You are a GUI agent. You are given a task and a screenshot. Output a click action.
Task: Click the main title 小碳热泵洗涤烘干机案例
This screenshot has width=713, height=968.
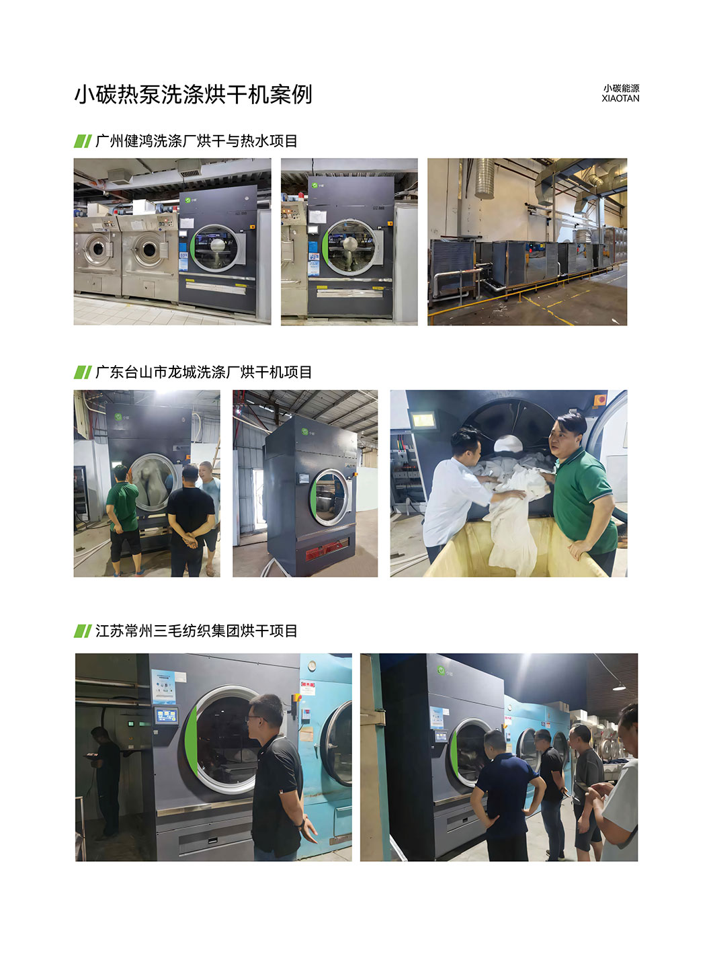tap(193, 94)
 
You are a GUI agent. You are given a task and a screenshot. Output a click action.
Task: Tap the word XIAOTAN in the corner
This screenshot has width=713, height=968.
tap(620, 98)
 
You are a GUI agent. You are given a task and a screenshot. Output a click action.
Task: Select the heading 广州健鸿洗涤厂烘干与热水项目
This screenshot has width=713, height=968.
tap(196, 141)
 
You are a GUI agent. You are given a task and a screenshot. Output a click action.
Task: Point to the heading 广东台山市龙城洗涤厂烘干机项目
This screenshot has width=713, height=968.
tap(204, 372)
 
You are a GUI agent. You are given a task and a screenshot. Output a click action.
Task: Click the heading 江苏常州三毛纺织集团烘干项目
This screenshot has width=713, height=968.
tap(196, 631)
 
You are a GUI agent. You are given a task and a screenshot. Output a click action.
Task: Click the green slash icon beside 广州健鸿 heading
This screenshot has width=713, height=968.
tap(83, 141)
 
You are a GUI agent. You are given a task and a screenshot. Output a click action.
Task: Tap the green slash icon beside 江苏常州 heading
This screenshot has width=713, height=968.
tap(83, 631)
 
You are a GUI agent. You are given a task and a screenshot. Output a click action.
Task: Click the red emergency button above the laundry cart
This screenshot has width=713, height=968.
tap(600, 400)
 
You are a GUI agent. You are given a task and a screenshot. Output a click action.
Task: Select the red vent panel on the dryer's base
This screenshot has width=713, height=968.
tap(327, 550)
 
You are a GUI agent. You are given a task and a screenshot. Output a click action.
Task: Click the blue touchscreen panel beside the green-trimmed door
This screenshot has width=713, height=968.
tap(167, 716)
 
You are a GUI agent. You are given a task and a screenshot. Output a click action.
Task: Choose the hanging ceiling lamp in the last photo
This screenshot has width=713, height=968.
tap(619, 687)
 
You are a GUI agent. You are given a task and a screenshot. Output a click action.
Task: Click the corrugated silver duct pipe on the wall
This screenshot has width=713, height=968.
tap(485, 178)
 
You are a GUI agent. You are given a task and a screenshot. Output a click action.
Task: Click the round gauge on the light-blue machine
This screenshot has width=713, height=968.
tap(312, 666)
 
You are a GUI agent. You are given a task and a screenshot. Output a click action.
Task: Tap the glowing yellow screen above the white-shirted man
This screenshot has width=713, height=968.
tap(423, 420)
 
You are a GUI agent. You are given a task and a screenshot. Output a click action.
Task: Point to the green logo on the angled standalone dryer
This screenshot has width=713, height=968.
tap(304, 432)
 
